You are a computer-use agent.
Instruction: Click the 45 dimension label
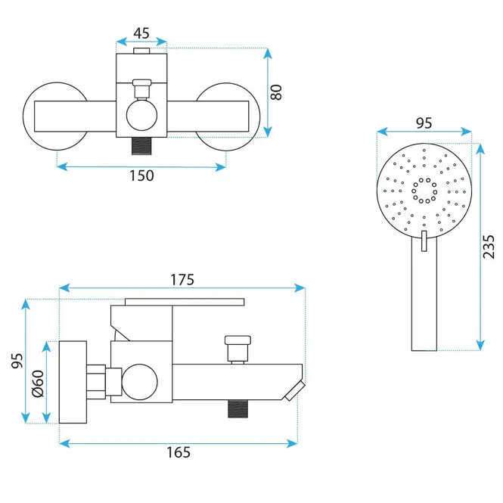click(x=141, y=33)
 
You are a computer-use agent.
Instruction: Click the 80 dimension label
click(x=276, y=92)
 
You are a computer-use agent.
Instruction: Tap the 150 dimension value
click(x=141, y=175)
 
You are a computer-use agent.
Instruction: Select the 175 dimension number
click(x=182, y=280)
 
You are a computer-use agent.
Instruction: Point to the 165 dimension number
click(x=179, y=452)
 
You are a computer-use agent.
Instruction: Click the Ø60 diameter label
click(x=38, y=383)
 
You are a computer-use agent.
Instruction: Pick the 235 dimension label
click(x=489, y=247)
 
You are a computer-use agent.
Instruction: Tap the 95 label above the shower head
click(x=424, y=123)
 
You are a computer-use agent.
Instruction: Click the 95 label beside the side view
click(x=17, y=361)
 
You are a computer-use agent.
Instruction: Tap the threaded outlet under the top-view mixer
click(x=141, y=146)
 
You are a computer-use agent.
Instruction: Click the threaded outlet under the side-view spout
click(x=238, y=408)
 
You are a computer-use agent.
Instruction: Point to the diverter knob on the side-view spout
click(x=238, y=349)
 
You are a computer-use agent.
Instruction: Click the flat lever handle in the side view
click(x=185, y=302)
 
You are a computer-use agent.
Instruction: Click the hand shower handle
click(x=424, y=293)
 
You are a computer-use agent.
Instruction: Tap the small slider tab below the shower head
click(x=424, y=241)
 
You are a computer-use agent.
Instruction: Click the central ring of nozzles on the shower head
click(x=424, y=191)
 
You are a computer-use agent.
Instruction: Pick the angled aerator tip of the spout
click(x=295, y=391)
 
